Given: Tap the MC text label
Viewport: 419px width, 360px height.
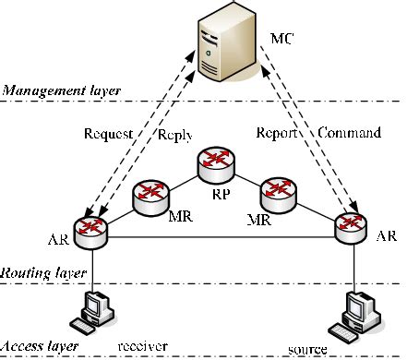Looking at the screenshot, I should [283, 41].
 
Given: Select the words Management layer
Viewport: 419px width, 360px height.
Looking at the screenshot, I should [49, 90].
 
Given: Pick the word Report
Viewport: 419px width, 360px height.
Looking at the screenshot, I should [277, 133].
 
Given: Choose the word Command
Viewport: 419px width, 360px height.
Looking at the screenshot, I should [349, 133].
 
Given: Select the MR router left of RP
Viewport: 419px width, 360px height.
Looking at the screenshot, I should [150, 195].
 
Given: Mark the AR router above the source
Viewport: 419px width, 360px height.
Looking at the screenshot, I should [351, 226].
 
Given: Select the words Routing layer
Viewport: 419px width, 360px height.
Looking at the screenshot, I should [43, 273].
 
